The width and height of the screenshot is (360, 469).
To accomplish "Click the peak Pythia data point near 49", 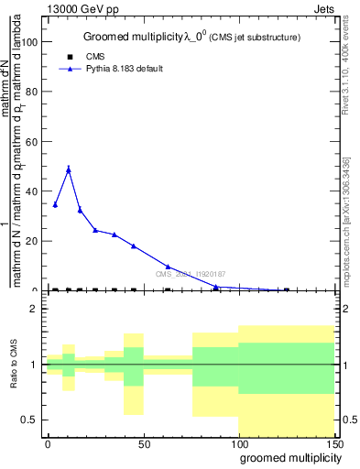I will pos(69,169).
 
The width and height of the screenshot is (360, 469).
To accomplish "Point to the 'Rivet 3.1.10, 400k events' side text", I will pos(348,79).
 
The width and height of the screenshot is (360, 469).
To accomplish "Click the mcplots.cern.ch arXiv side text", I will pos(348,229).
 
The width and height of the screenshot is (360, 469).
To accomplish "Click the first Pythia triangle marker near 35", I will pos(55,204).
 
